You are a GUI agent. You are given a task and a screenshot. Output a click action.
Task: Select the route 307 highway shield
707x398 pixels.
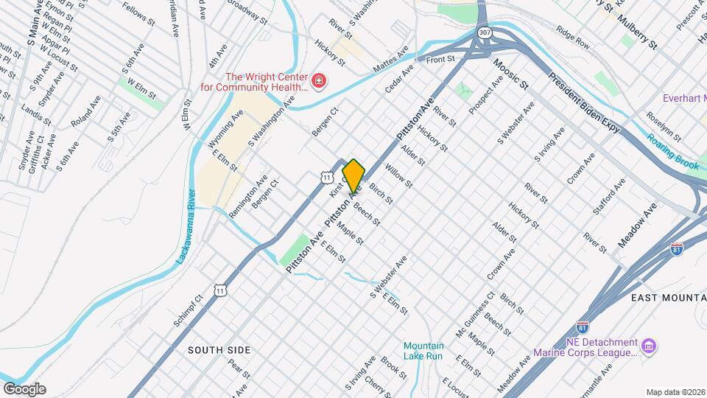(484, 33)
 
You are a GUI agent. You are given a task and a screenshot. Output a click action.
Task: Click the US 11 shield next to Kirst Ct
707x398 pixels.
(326, 176)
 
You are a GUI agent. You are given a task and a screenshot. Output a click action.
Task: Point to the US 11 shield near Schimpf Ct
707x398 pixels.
(220, 291)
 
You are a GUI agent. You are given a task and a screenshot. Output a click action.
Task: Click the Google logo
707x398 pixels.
(24, 389)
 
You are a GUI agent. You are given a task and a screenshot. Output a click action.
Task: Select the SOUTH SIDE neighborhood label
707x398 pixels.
(219, 349)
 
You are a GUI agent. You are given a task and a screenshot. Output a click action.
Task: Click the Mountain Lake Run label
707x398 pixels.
(423, 351)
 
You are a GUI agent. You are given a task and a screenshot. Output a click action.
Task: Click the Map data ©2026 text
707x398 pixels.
(675, 391)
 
